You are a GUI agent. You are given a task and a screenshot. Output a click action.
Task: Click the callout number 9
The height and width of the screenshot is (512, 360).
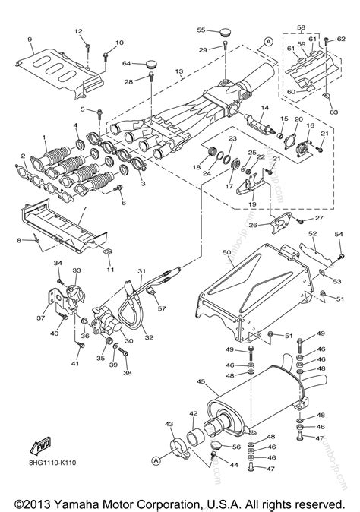click(x=30, y=39)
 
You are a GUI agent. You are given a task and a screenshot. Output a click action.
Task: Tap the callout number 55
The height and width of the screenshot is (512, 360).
click(x=202, y=30)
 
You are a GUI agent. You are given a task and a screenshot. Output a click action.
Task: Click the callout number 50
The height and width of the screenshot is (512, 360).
click(x=226, y=251)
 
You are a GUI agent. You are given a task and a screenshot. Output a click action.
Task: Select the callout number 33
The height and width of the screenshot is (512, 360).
click(x=76, y=271)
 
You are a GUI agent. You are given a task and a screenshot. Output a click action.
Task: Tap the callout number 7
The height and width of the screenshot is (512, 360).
click(x=84, y=207)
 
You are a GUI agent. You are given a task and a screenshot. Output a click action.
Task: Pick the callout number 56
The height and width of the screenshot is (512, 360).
click(x=237, y=447)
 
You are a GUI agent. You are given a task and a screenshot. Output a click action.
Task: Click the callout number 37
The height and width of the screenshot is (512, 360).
click(x=42, y=318)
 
